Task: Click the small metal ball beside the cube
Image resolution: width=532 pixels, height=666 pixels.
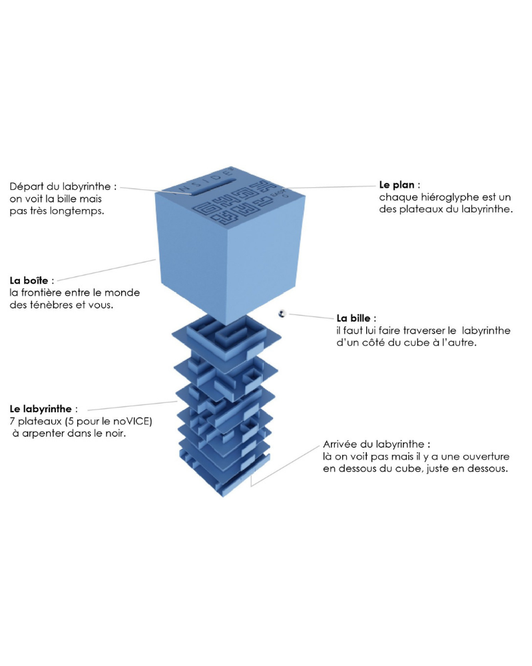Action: coord(282,313)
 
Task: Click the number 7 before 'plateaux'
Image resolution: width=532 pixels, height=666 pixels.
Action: coord(13,421)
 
